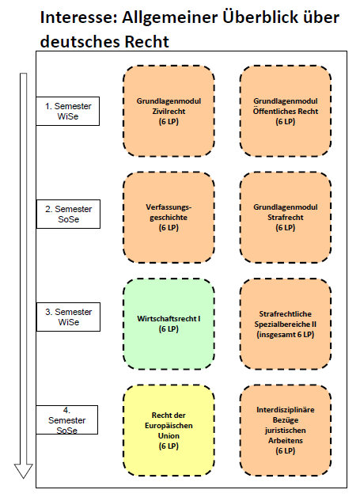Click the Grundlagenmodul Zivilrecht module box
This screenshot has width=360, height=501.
click(x=169, y=111)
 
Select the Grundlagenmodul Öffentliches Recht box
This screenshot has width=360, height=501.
click(x=286, y=111)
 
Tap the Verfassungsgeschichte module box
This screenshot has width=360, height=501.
click(x=169, y=218)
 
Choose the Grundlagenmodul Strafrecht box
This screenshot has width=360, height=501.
click(x=286, y=218)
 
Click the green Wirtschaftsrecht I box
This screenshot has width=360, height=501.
click(x=169, y=324)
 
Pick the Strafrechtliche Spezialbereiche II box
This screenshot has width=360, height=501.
click(x=286, y=324)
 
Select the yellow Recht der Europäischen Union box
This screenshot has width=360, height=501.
click(x=169, y=431)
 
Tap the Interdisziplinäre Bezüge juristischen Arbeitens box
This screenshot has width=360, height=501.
click(x=286, y=431)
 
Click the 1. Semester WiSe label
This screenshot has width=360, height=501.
click(x=68, y=111)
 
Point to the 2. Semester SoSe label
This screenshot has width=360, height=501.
click(x=68, y=214)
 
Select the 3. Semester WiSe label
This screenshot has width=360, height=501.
click(x=68, y=317)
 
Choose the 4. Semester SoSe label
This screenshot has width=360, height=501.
click(x=66, y=419)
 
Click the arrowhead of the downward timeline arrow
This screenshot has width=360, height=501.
click(x=23, y=471)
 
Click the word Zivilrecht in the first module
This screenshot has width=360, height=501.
click(x=169, y=111)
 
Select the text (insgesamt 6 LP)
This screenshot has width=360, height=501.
click(x=286, y=334)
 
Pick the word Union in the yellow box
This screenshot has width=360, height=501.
click(x=169, y=436)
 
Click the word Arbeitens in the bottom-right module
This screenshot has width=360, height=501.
click(x=286, y=441)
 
